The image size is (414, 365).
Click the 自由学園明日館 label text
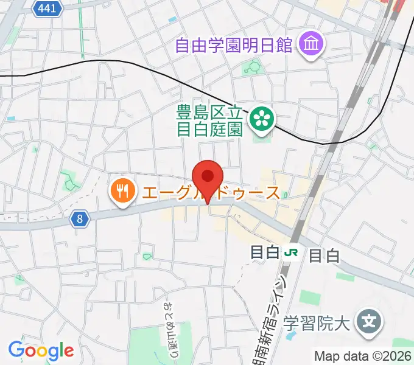(234, 44)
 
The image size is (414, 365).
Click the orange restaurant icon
(122, 193)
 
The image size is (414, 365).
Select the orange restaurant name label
(210, 193)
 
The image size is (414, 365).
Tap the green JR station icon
(293, 252)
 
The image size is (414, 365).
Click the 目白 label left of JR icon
(265, 252)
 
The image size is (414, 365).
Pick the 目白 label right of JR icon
(323, 255)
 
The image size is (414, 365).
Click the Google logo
(41, 350)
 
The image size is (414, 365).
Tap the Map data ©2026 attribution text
(363, 356)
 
